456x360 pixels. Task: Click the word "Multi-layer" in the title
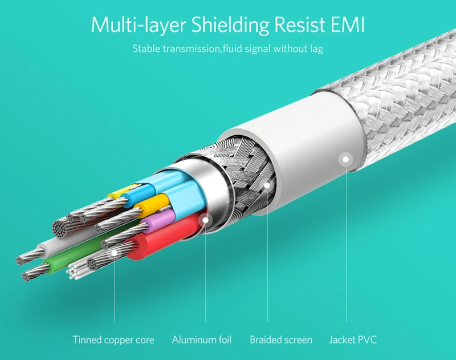pos(137,26)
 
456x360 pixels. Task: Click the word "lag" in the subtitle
pos(316,48)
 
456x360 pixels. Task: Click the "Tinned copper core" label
pos(113,340)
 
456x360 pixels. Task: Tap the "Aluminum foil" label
pos(202,340)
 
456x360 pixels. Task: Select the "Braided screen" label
pos(281,340)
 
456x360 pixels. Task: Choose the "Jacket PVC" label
pos(353,340)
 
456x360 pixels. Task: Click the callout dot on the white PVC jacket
pos(346,159)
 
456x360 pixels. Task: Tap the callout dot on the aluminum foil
pos(206,219)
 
